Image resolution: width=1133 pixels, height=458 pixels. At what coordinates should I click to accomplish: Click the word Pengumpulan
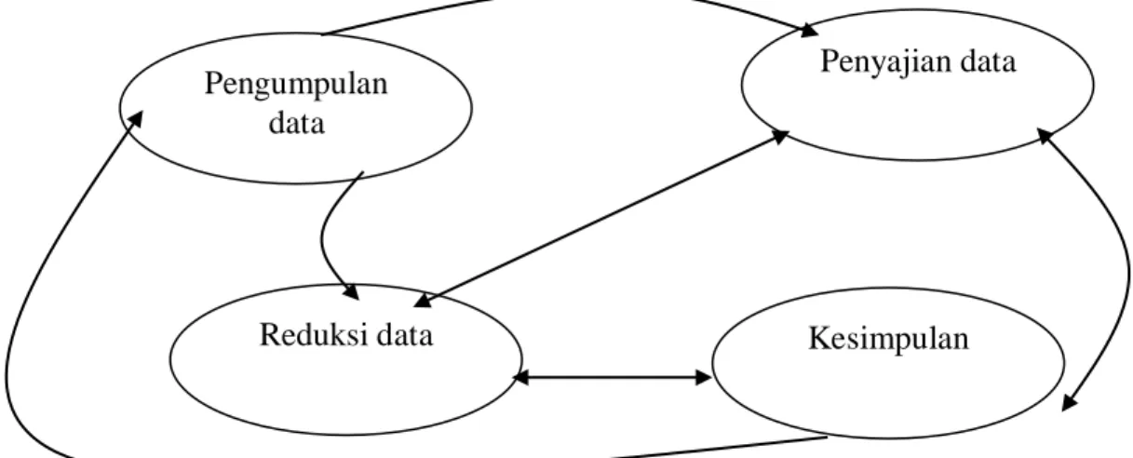point(296,85)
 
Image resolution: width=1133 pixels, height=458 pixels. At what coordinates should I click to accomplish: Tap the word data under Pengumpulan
point(296,124)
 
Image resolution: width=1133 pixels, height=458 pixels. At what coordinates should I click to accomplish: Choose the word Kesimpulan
point(889,338)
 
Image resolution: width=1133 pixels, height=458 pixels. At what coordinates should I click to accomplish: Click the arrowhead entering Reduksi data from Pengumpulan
point(351,292)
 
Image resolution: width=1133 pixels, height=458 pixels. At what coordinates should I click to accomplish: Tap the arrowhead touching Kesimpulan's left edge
point(704,377)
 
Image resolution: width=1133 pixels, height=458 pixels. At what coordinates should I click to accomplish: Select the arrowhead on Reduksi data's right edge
point(520,377)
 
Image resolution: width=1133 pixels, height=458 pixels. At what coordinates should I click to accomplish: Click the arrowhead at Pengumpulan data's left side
point(136,119)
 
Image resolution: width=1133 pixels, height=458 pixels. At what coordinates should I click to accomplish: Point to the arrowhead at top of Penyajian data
point(808,31)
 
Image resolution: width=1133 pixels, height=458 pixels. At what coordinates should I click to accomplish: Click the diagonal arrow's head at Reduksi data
point(423,301)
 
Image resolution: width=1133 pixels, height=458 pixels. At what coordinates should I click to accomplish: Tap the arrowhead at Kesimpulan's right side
point(1070,403)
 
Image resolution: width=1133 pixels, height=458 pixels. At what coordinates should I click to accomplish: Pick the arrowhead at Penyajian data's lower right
point(1045,136)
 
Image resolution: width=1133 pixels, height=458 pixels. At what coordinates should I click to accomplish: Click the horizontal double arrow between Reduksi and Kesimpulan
point(612,377)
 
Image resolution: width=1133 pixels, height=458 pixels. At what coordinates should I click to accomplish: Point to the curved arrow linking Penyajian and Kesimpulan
point(1126,268)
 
